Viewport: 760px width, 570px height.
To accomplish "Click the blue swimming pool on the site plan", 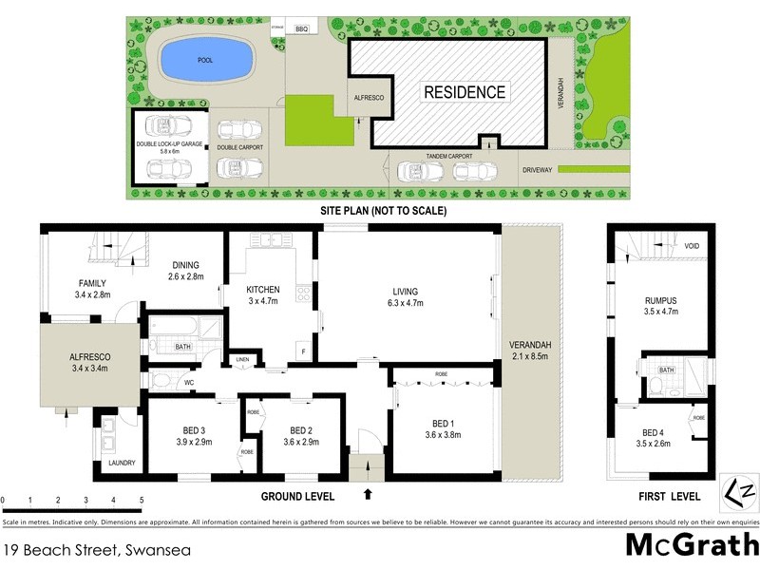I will coord(205,61).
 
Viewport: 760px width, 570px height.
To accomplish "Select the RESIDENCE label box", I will coord(465,92).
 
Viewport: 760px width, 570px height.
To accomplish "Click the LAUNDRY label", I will coord(122,464).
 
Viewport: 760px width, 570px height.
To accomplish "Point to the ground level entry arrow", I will coord(369,494).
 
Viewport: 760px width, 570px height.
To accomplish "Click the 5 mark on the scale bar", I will coord(142,500).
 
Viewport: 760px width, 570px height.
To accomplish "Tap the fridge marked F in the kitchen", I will coord(303,351).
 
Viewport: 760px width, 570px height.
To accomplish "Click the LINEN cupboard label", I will coord(242,360).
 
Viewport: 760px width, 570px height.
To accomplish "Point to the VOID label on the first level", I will coord(692,247).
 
